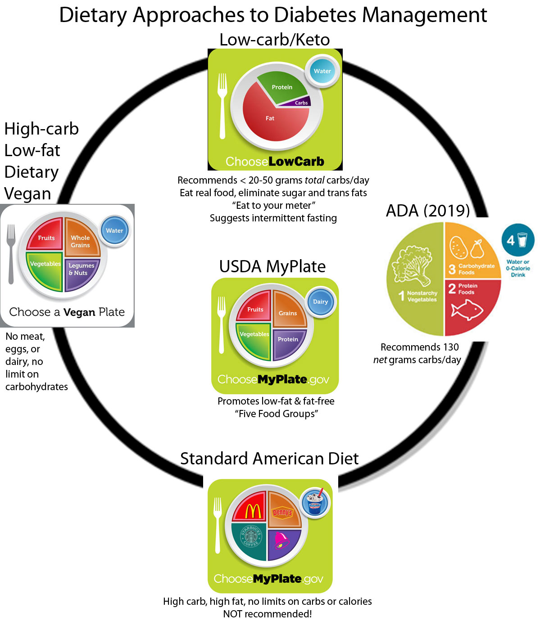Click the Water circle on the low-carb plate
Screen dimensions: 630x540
click(322, 71)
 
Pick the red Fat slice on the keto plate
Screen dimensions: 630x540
click(270, 119)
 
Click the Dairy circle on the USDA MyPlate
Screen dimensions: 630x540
click(320, 302)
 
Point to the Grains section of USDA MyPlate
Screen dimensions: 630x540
click(289, 310)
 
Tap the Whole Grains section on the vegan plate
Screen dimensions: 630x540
click(81, 238)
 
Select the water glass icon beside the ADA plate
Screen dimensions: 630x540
click(522, 239)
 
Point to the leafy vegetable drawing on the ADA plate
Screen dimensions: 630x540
click(412, 265)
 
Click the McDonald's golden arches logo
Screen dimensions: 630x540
click(253, 511)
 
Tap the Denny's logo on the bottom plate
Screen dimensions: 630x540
click(283, 512)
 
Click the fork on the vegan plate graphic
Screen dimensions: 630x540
click(11, 254)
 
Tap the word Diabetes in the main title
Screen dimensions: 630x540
click(316, 15)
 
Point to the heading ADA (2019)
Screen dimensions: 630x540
click(428, 210)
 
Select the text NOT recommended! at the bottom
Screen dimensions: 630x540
click(268, 614)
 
